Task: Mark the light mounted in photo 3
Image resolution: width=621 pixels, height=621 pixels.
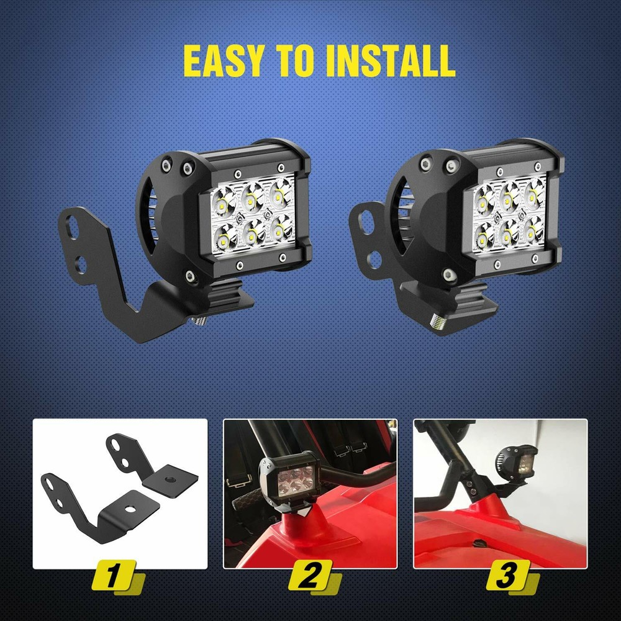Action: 512,462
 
